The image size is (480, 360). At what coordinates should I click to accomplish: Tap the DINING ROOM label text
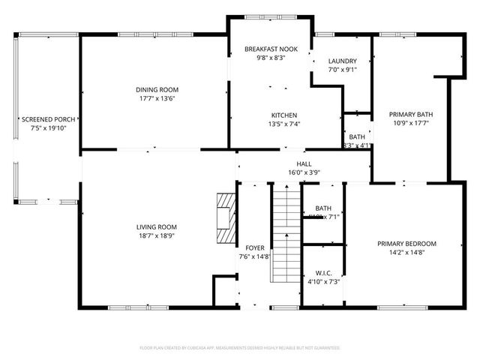click(157, 89)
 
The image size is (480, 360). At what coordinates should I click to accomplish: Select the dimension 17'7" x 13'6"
click(157, 97)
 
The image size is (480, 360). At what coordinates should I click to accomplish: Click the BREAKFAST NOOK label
click(271, 49)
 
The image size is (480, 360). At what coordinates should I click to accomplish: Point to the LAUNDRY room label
click(343, 61)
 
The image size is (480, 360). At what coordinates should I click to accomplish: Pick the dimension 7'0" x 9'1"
click(343, 70)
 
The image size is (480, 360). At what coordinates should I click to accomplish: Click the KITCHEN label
click(284, 115)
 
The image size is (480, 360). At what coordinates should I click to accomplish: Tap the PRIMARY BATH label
click(410, 115)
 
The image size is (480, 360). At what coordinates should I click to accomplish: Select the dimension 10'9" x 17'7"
click(410, 124)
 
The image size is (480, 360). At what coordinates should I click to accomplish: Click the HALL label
click(304, 163)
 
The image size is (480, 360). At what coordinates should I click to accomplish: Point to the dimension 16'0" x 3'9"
click(304, 172)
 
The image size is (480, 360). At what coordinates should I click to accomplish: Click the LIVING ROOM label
click(156, 226)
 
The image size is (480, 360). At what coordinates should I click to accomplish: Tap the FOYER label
click(254, 247)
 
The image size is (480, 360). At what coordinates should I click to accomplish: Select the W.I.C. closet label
click(323, 273)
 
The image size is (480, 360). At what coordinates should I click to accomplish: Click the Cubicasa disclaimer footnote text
click(240, 348)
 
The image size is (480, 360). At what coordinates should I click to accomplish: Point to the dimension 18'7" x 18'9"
click(156, 235)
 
